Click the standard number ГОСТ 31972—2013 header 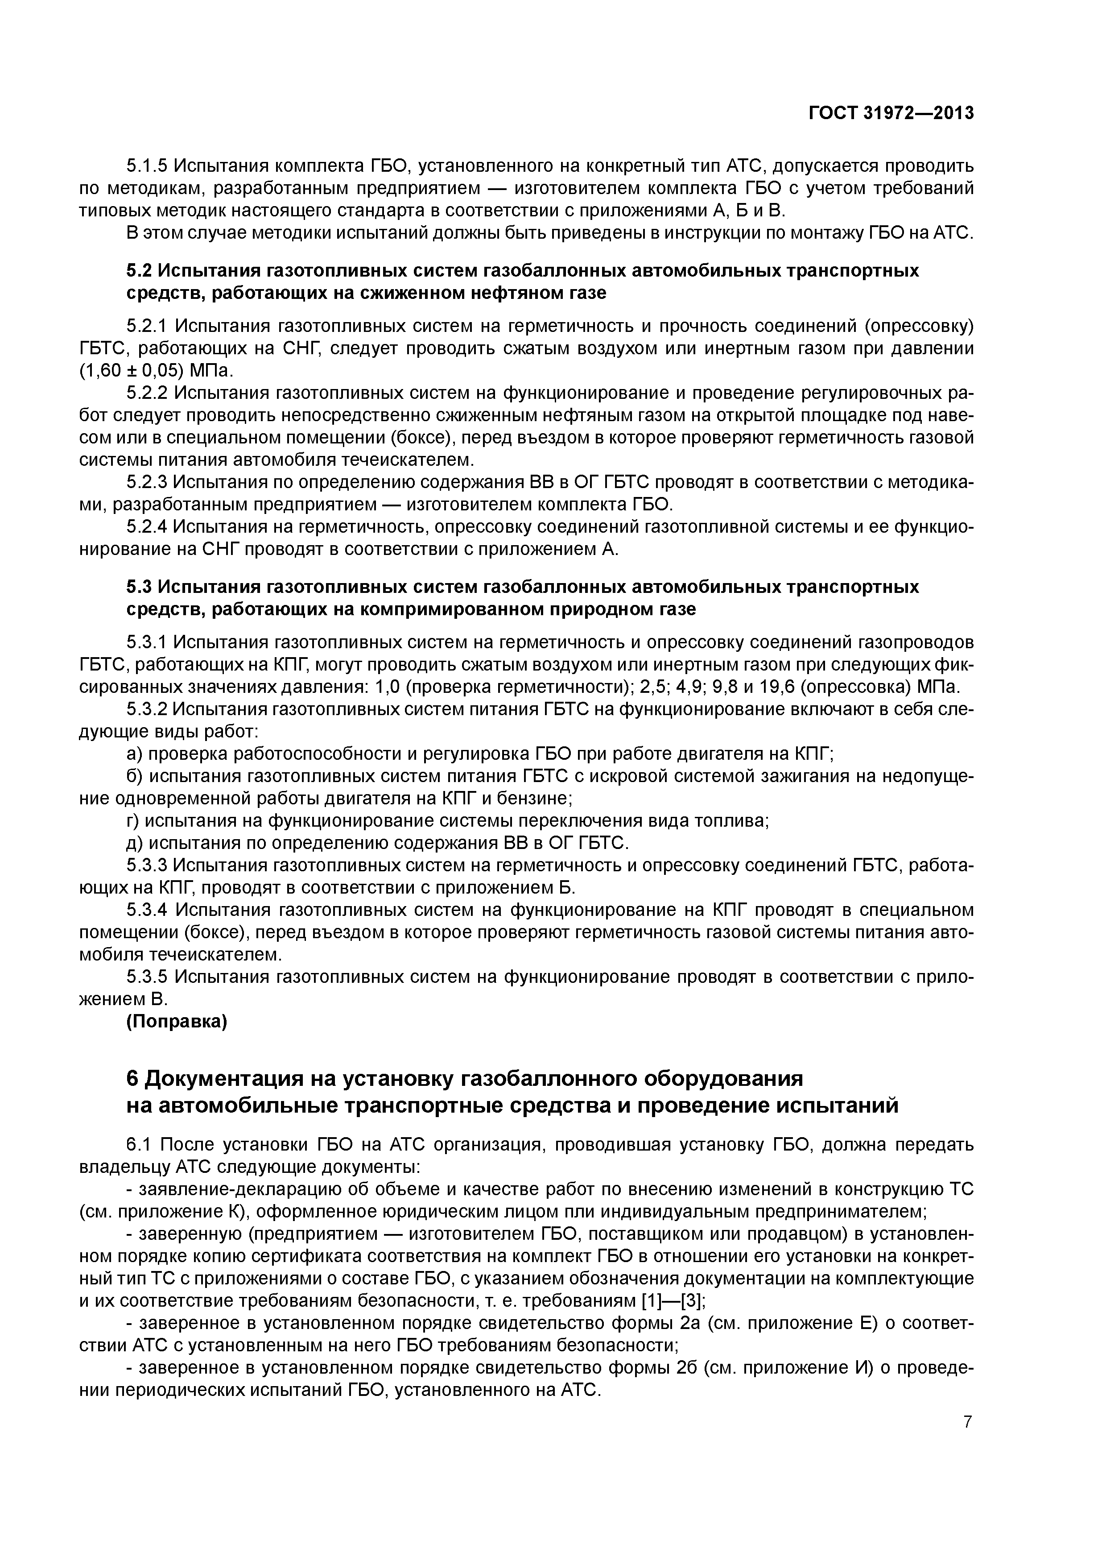(x=891, y=113)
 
